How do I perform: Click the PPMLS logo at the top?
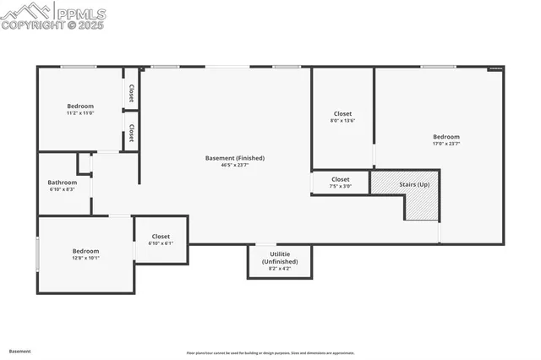pos(53,15)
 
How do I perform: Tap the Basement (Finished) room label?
pos(235,158)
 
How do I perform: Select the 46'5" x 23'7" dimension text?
pos(235,166)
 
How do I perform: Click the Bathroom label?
pos(63,182)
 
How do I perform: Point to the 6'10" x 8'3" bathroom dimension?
pos(63,189)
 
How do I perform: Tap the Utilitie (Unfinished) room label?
pos(280,258)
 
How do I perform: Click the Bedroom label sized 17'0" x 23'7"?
pos(446,137)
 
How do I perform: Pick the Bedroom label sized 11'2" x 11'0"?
pos(80,106)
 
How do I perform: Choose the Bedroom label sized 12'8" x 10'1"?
pos(85,251)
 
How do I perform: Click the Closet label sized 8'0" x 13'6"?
pos(342,113)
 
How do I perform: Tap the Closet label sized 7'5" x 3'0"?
pos(341,179)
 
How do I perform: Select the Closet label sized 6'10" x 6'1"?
pos(161,237)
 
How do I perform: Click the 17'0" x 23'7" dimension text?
pos(446,145)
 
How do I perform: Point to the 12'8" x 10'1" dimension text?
pos(85,259)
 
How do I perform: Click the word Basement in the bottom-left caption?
pos(20,351)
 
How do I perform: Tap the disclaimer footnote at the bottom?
pos(270,353)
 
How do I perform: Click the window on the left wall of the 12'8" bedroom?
pos(37,254)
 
